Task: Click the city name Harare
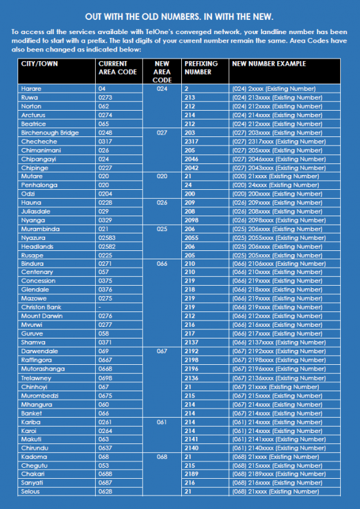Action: point(32,88)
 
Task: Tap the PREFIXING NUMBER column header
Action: point(201,68)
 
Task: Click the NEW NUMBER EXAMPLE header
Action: point(269,64)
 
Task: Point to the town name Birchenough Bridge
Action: point(50,133)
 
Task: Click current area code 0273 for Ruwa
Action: point(106,97)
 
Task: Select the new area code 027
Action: point(161,133)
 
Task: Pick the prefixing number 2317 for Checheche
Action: point(192,142)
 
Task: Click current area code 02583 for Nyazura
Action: point(107,237)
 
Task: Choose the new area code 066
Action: point(161,264)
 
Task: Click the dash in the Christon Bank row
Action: point(100,308)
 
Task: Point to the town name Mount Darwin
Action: point(40,317)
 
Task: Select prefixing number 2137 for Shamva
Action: point(191,343)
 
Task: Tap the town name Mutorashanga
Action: point(43,369)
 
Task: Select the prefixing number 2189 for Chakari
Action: point(191,474)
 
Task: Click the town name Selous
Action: point(32,492)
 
